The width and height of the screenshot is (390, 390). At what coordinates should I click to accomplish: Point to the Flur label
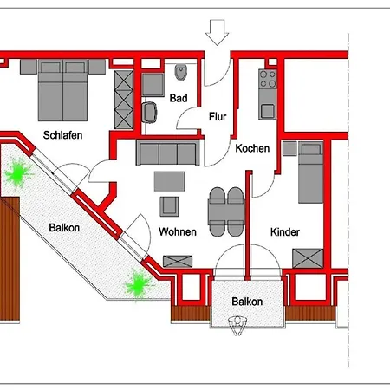218,115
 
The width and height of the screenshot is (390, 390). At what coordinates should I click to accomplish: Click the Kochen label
252,148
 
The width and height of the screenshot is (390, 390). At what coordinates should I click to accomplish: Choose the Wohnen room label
177,231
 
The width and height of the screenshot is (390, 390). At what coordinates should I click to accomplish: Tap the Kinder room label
284,231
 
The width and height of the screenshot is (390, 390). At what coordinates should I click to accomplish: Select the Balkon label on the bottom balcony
247,302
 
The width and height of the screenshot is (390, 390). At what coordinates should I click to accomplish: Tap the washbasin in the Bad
149,112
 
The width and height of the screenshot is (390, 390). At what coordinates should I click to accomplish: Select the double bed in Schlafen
62,89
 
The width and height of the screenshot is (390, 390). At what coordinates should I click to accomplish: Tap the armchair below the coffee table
169,205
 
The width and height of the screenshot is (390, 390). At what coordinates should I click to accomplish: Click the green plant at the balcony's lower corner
134,283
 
